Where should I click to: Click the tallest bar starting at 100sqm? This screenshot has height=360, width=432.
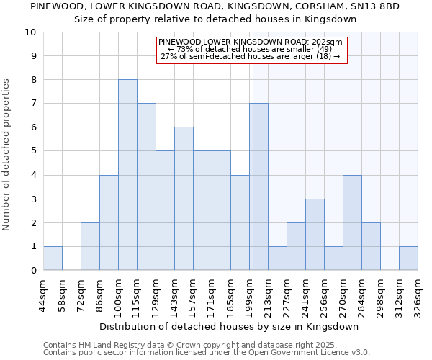pos(127,175)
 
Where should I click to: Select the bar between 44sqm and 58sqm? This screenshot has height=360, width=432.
pos(53,258)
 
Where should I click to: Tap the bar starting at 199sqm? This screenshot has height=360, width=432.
pos(259,187)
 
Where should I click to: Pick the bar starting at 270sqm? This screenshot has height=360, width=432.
pos(353,222)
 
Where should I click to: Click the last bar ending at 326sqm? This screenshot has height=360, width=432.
pos(409,258)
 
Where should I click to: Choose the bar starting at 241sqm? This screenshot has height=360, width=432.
pos(315,235)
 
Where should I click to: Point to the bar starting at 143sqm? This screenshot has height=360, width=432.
pos(184,199)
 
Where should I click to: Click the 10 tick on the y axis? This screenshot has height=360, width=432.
pos(30,32)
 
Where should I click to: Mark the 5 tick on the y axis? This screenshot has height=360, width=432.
pos(33,151)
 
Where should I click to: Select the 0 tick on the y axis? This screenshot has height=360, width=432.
pos(33,271)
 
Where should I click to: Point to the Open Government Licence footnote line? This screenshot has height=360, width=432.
pos(207,353)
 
